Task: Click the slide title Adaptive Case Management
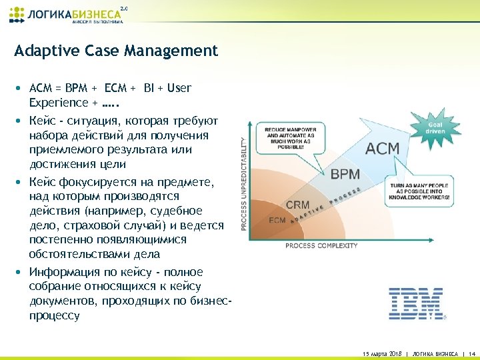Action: (x=116, y=51)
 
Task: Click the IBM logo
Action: (x=416, y=303)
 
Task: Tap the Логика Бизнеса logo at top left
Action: (x=67, y=14)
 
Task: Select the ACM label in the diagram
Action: (x=383, y=148)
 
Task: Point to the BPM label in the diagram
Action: (x=345, y=175)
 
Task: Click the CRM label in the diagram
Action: (x=297, y=205)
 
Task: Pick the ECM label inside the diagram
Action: (x=277, y=219)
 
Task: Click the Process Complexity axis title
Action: (x=321, y=245)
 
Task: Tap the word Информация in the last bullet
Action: (x=63, y=272)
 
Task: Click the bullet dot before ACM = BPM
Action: (x=20, y=88)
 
